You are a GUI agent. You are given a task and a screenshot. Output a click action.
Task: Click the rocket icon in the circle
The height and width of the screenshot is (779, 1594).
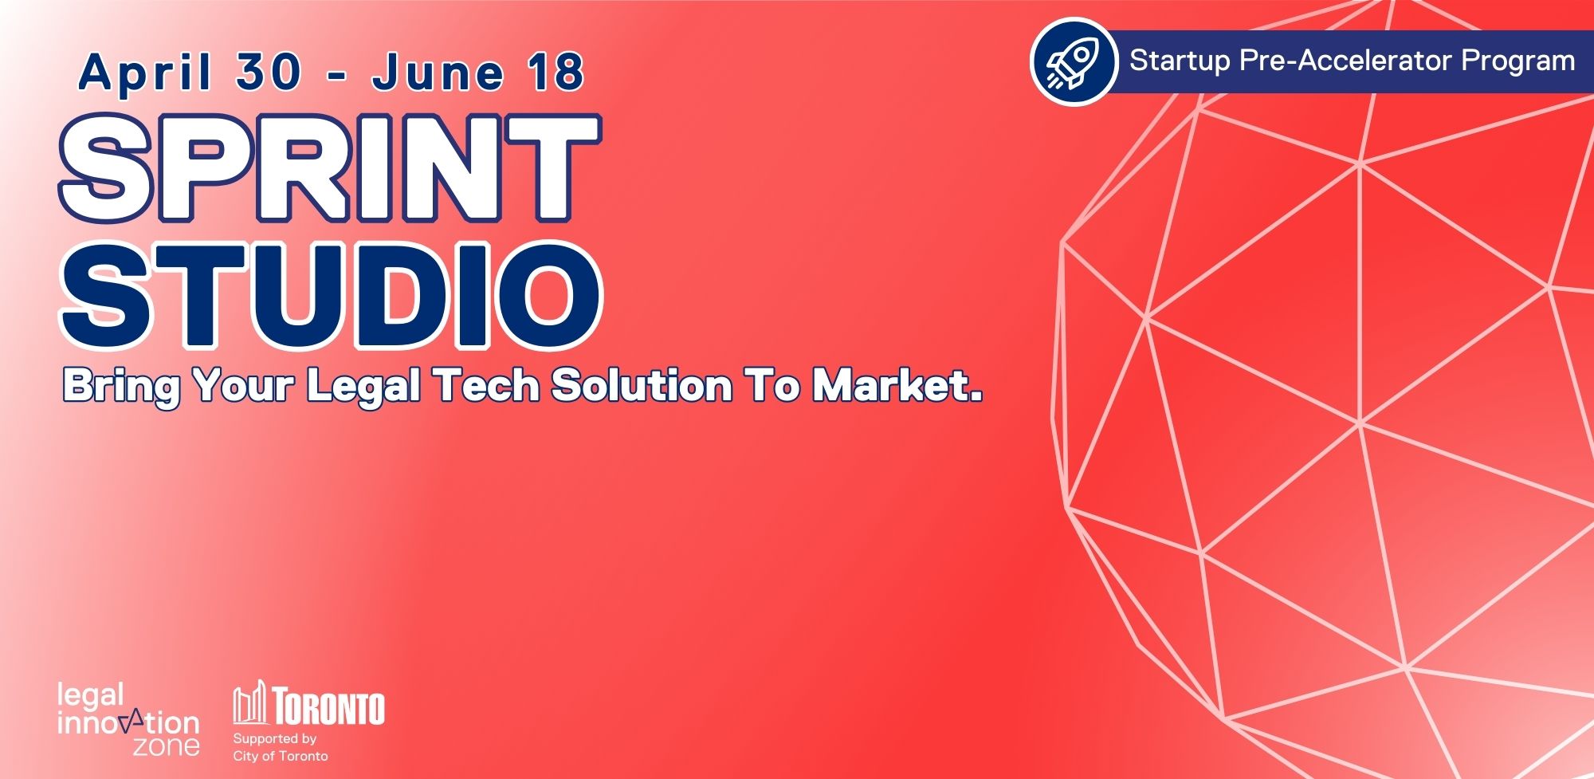[1073, 62]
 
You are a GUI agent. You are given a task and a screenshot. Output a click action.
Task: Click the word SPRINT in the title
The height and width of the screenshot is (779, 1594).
[328, 168]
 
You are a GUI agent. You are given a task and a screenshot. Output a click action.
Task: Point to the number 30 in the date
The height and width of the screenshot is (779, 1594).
[269, 73]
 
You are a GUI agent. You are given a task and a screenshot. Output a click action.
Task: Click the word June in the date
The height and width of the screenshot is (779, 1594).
[438, 73]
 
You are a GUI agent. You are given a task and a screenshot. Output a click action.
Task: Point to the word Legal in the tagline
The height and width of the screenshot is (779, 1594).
[363, 386]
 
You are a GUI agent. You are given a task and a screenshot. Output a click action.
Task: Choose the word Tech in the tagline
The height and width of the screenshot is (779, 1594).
[488, 386]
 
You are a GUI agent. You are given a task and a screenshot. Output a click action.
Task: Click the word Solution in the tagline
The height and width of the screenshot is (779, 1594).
[642, 386]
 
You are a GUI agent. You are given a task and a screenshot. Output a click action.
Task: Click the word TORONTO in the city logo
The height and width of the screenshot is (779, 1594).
[328, 707]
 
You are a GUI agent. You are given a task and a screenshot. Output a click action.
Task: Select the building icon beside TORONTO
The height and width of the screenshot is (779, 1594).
[249, 702]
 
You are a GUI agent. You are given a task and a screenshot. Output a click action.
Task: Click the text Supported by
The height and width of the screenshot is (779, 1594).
[274, 738]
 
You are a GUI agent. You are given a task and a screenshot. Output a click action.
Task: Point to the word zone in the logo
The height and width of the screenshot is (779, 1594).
[166, 746]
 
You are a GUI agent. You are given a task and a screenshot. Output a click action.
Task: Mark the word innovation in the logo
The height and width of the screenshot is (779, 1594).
[128, 723]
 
